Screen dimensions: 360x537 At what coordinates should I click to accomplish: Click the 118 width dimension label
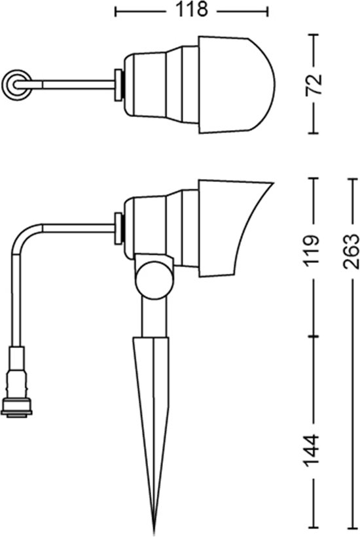[192, 10]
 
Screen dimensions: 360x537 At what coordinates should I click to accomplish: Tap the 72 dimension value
[314, 84]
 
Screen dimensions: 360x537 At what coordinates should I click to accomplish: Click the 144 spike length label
[312, 451]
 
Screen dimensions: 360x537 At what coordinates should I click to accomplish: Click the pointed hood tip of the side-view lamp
[272, 184]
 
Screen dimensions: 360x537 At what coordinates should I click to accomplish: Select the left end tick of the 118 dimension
[116, 11]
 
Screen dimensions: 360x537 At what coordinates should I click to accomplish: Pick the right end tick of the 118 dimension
[268, 11]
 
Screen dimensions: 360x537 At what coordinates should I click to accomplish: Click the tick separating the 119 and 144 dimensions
[314, 337]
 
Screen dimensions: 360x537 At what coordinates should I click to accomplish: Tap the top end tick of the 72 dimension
[314, 35]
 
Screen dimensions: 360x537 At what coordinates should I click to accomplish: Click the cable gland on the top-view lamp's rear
[118, 85]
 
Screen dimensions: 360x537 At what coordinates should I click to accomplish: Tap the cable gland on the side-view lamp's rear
[118, 228]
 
